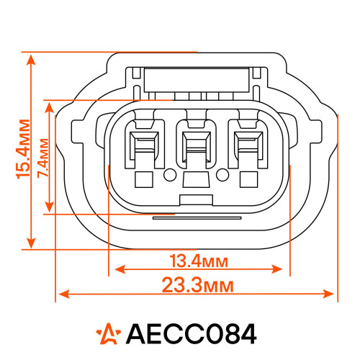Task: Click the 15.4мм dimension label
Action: pos(23,149)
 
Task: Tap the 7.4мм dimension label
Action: pos(42,158)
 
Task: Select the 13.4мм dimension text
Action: pos(199,261)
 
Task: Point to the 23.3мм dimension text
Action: pos(197,285)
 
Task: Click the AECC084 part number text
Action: pos(192,334)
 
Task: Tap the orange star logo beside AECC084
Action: pos(109,334)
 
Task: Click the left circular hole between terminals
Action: pos(170,175)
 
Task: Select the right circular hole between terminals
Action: pos(222,175)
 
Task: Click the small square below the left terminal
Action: pos(144,179)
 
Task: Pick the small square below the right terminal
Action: pos(249,179)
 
